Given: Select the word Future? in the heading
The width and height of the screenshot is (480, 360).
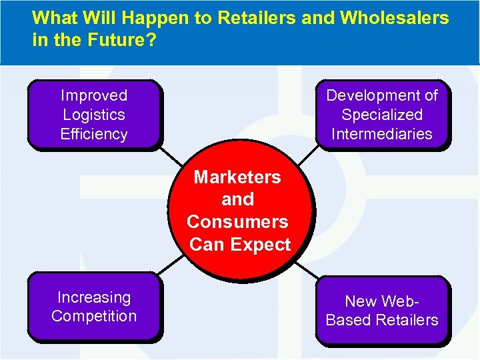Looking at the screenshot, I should coord(119,40).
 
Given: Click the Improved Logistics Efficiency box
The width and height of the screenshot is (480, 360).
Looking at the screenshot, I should coord(94,114).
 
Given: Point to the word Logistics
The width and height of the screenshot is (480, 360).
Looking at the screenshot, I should coord(94,115).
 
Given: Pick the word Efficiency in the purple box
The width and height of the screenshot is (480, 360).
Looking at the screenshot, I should coord(94,134).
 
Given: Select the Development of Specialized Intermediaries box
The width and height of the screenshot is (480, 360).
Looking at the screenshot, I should coord(382,114).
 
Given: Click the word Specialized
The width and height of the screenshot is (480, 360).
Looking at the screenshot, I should coord(382,115).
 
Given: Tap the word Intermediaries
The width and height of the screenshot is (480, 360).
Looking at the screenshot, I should coord(382,134).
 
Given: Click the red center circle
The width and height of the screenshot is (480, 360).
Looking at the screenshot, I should coord(239,210).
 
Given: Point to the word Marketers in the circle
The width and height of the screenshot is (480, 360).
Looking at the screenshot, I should coord(237,177).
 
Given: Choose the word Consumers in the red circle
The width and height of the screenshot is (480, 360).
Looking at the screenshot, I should coord(237,222).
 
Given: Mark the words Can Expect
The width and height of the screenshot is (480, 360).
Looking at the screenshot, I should coord(240,245).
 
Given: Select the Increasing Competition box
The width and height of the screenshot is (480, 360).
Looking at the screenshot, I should coord(94,307).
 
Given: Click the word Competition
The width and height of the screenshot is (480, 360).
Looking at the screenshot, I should coord(94,316).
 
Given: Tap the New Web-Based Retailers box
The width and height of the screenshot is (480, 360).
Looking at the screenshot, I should coord(382,311).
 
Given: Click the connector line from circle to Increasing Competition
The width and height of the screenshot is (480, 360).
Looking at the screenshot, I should coord(171,265).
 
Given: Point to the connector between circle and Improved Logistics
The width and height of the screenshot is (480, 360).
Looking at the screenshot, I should coord(171,156).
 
